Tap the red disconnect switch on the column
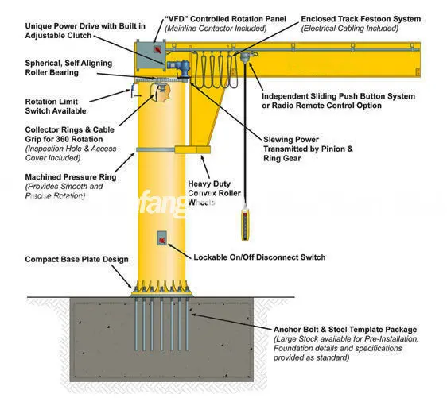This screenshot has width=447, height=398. [161, 238]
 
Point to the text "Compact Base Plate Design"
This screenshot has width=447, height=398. [76, 259]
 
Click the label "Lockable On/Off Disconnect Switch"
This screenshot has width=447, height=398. [259, 257]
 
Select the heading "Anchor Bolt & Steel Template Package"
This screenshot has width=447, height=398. [344, 330]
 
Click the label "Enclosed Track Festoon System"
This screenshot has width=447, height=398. [360, 18]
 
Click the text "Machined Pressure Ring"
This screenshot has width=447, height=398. [70, 177]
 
